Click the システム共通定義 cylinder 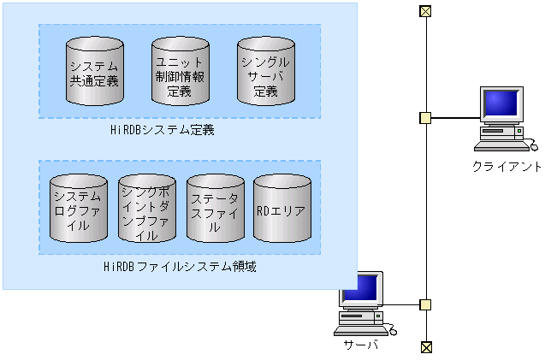[93, 72]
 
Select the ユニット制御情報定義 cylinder [180, 72]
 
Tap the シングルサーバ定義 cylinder [265, 72]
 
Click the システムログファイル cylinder [78, 210]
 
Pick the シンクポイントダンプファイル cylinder [146, 210]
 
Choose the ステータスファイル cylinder [215, 210]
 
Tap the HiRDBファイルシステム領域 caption [179, 267]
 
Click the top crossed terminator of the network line [425, 11]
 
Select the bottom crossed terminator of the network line [425, 346]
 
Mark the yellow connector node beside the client [425, 117]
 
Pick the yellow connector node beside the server [425, 304]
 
